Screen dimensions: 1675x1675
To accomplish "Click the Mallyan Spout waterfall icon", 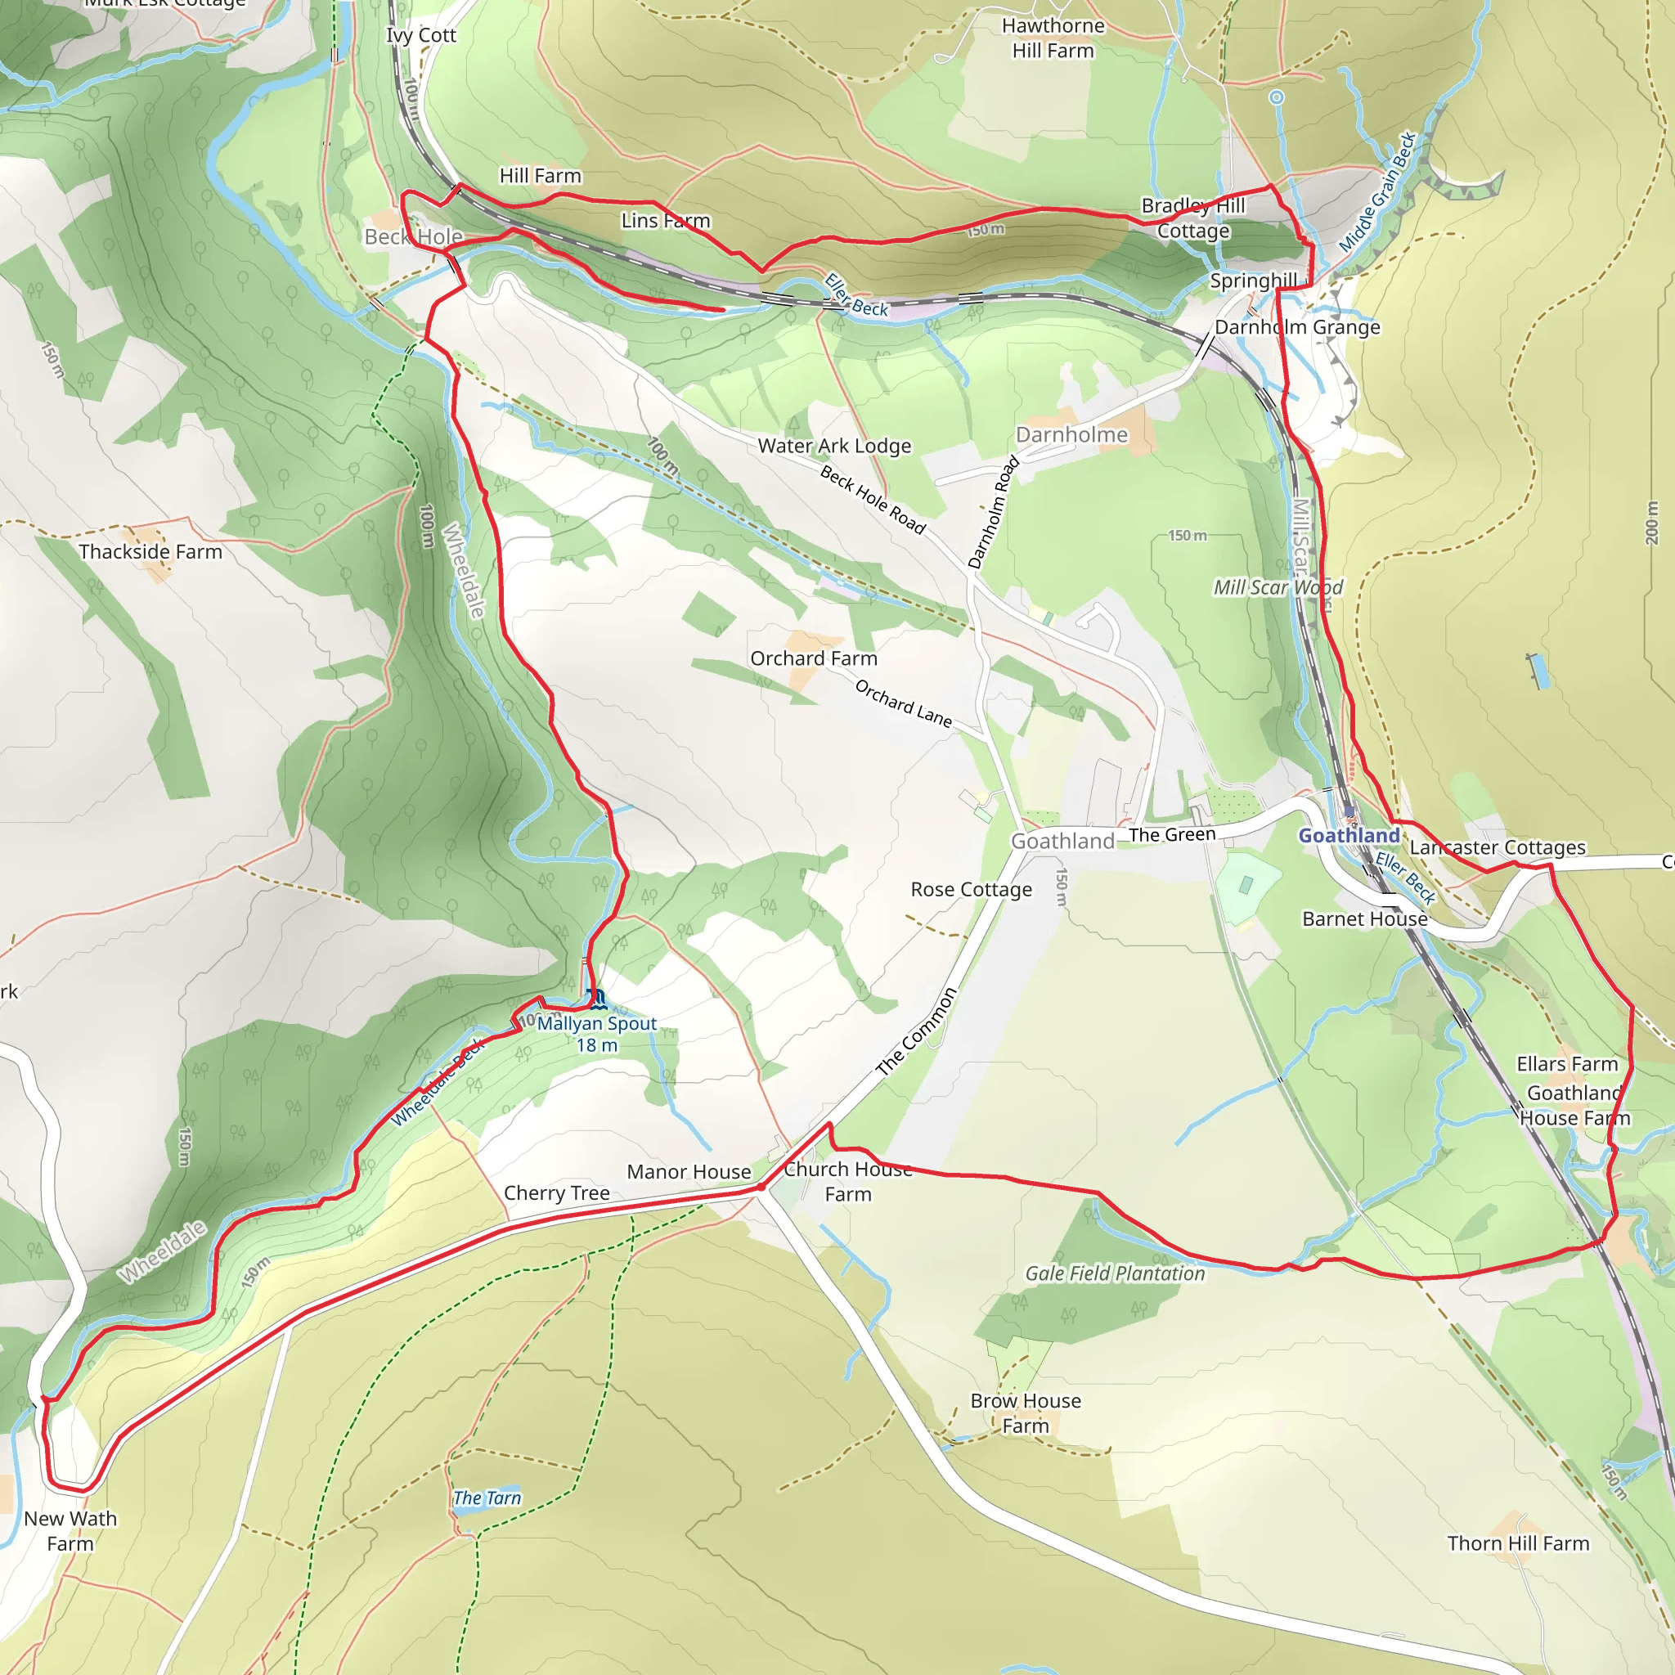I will [595, 999].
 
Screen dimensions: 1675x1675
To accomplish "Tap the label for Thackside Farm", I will [150, 552].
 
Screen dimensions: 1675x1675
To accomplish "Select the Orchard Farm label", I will [813, 659].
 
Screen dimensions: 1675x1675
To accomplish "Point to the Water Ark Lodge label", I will [834, 447].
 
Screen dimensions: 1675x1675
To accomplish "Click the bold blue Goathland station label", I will [1348, 836].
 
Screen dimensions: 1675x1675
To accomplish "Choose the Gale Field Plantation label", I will [1114, 1273].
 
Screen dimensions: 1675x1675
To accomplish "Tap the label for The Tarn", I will [487, 1498].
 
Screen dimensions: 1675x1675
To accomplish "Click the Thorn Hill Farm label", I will [1518, 1544].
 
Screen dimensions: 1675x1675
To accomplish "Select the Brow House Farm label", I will [1025, 1413].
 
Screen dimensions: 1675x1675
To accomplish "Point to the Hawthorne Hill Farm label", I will [1053, 38].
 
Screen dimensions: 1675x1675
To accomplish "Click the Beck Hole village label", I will [413, 236].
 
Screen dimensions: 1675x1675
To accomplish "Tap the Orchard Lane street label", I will [904, 703].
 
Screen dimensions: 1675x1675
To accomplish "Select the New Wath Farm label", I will [70, 1531].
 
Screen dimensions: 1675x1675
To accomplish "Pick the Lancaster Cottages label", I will [1498, 847].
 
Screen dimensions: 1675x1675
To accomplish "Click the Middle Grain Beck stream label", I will [1377, 191].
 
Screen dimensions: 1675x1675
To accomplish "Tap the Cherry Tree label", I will [557, 1193].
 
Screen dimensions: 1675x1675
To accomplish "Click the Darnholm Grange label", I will [1297, 328].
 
